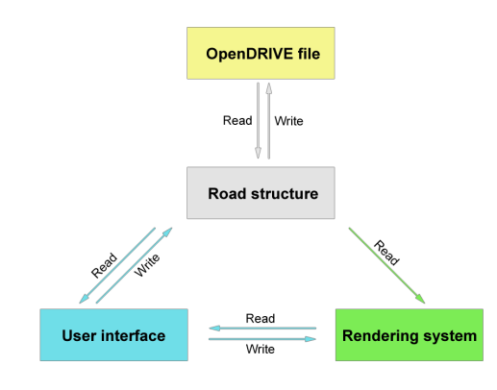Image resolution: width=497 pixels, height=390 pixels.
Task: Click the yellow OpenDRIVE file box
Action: (261, 53)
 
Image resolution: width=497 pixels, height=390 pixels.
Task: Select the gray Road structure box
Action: (261, 193)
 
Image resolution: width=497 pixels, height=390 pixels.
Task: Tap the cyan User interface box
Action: (113, 335)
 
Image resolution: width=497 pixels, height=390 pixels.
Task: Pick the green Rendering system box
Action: (410, 335)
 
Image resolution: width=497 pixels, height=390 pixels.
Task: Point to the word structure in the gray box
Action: (285, 194)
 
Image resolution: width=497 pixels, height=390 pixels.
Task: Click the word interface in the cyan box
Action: (134, 335)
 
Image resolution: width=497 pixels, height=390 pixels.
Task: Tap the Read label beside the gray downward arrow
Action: (237, 120)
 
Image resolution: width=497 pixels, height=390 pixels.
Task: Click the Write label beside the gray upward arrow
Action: (288, 121)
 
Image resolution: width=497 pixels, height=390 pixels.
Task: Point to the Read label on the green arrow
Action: (386, 253)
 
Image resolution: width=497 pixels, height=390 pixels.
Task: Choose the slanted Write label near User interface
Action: (147, 265)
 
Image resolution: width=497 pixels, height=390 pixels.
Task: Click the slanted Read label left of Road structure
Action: (104, 265)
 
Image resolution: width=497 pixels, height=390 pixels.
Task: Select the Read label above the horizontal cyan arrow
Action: (261, 318)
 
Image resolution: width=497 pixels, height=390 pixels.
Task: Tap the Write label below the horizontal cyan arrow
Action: (261, 349)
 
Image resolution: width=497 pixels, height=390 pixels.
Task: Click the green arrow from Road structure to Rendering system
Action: (386, 265)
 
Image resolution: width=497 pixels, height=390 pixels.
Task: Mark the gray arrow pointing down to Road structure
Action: (258, 120)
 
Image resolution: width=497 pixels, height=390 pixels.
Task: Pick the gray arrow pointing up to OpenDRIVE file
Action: (269, 120)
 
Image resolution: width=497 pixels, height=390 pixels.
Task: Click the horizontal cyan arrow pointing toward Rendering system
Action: (262, 339)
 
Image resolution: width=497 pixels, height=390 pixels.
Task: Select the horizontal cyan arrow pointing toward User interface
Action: (262, 328)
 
